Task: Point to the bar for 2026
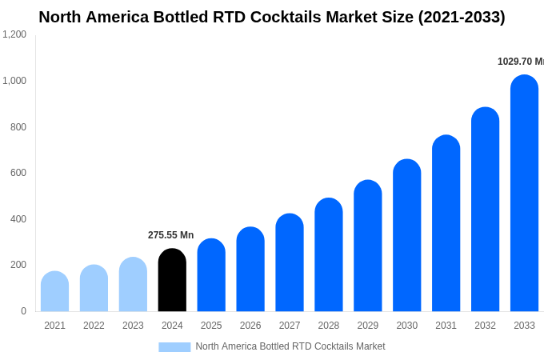(250, 270)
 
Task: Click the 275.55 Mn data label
(170, 235)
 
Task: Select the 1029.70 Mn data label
(520, 62)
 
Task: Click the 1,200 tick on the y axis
(14, 34)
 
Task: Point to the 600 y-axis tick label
(18, 173)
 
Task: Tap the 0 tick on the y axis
(23, 311)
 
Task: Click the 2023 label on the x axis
(133, 326)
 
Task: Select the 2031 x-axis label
(446, 326)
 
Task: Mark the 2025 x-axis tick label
(211, 326)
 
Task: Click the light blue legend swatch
(174, 347)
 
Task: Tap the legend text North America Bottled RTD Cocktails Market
(290, 346)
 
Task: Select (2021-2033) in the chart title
(462, 17)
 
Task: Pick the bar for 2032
(485, 210)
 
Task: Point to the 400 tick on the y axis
(18, 219)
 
